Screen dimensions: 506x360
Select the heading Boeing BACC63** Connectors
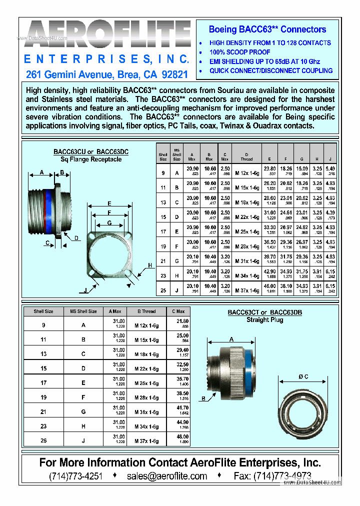click(x=267, y=29)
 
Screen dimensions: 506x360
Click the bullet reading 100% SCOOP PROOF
click(x=239, y=52)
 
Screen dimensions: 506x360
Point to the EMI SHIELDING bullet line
click(x=264, y=61)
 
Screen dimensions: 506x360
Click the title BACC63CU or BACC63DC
click(x=90, y=151)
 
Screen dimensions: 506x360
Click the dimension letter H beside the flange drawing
click(x=149, y=265)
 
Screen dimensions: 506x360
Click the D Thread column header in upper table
click(x=246, y=156)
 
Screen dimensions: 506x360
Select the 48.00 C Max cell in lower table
click(x=183, y=436)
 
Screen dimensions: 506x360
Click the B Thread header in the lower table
click(x=146, y=311)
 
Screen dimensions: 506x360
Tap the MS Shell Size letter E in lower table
click(x=83, y=382)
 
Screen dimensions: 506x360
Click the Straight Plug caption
click(x=264, y=320)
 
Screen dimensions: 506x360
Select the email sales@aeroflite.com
click(x=167, y=476)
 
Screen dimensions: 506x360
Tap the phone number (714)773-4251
click(x=75, y=476)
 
